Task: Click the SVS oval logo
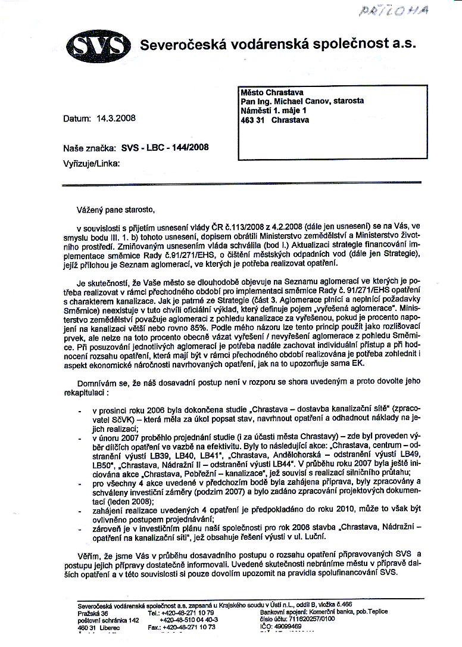point(98,45)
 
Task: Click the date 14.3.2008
point(115,118)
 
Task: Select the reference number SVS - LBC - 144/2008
point(165,147)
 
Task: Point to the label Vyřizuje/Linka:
point(91,162)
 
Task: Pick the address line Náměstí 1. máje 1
point(273,110)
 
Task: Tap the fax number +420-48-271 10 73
point(188,627)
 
